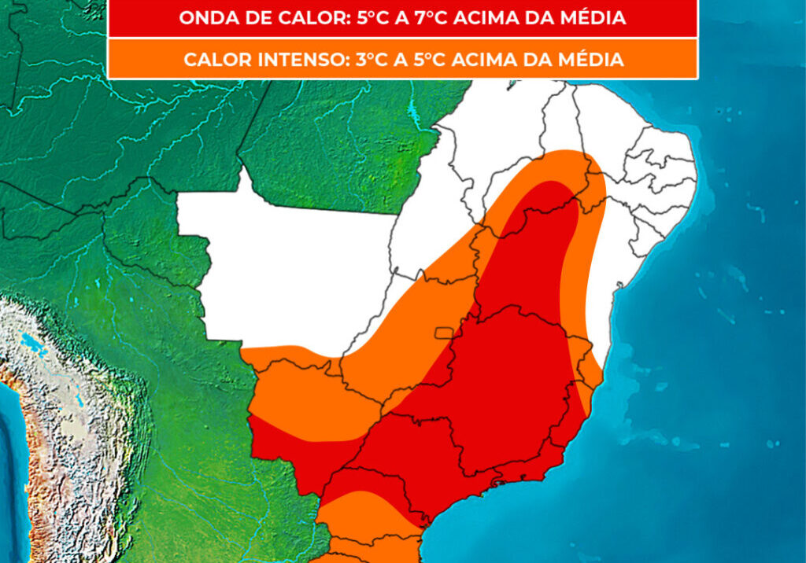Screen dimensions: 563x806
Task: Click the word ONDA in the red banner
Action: pos(203,18)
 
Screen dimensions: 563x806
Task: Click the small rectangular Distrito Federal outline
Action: pos(445,333)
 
